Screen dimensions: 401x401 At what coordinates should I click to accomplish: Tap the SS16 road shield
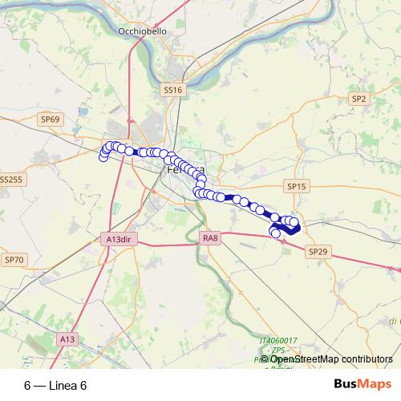click(x=173, y=91)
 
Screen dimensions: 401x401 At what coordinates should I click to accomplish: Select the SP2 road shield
click(x=358, y=99)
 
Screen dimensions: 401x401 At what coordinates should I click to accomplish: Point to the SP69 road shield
click(x=50, y=119)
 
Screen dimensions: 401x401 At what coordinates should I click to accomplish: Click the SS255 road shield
click(x=11, y=180)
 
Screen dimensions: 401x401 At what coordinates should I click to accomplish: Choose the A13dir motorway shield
click(x=118, y=239)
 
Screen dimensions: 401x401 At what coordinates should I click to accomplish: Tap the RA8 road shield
click(x=211, y=237)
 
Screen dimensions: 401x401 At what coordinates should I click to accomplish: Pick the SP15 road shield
click(x=297, y=186)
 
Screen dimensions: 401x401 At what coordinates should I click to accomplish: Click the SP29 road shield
click(x=318, y=251)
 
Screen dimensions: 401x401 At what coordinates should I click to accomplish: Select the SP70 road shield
click(x=14, y=260)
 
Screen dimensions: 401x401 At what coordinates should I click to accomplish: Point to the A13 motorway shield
click(x=67, y=340)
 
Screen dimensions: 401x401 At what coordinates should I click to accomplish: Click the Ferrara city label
click(x=183, y=171)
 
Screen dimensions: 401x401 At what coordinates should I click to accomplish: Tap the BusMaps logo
click(x=363, y=385)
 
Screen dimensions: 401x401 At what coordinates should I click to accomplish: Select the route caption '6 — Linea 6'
click(x=55, y=386)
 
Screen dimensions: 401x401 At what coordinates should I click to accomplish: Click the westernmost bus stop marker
click(x=103, y=156)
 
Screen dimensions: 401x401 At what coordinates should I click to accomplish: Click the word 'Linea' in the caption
click(x=63, y=386)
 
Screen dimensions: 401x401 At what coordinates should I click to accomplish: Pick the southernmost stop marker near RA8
click(x=277, y=233)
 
